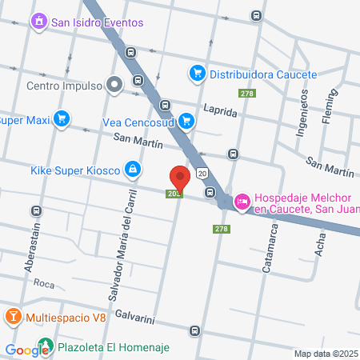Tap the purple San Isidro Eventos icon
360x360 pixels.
38,22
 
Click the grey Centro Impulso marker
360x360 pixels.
115,82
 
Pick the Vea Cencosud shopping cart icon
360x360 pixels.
186,122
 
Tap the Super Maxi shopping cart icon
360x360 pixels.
62,120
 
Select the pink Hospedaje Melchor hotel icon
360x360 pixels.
241,202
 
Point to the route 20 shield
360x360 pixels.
202,174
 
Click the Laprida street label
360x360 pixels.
220,113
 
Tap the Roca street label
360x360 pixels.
44,284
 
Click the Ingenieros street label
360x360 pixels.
302,112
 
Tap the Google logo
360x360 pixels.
27,350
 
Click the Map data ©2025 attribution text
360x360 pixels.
326,354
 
